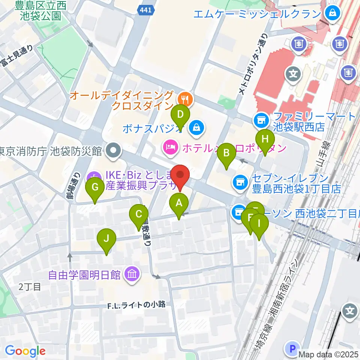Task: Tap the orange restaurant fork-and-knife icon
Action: click(184, 99)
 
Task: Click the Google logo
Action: click(25, 351)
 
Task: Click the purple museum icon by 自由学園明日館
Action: click(132, 274)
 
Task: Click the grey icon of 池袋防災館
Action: click(112, 151)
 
